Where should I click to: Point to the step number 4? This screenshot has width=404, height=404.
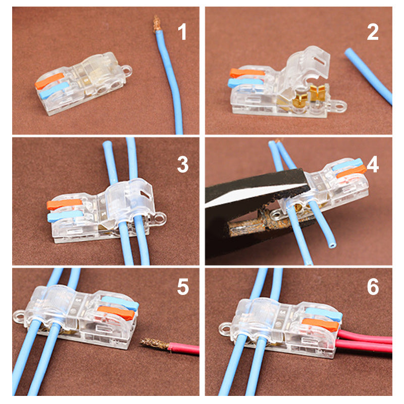(x=373, y=165)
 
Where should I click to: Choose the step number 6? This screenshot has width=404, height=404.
(x=373, y=287)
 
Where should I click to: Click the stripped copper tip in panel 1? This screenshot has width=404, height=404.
(x=157, y=23)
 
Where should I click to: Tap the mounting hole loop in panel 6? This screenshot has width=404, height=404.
(x=224, y=330)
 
